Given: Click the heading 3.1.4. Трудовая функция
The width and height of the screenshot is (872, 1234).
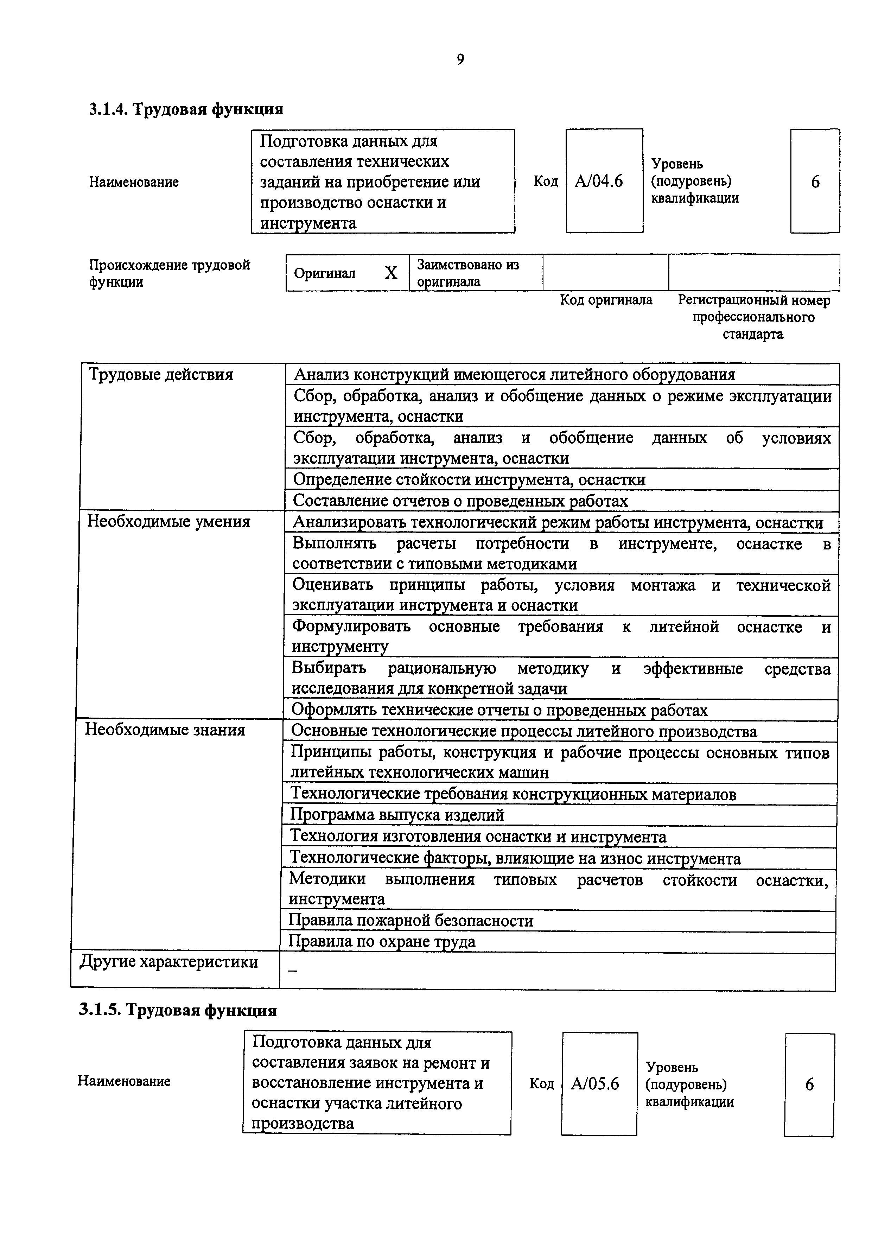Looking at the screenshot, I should pos(186,109).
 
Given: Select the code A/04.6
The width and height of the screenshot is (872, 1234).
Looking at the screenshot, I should pos(599,182).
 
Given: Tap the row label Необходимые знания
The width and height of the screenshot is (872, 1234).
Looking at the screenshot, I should pos(165,730).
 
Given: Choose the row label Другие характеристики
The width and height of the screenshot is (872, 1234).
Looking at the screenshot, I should pos(169,961).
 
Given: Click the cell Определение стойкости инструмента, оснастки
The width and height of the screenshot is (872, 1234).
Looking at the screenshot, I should pos(469,479).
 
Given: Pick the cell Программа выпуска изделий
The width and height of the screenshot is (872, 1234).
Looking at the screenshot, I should pos(397,815).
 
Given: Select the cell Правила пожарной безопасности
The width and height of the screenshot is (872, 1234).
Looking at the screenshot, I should pos(411,921).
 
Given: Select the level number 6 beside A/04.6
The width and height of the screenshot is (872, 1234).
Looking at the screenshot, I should pos(815,182).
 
